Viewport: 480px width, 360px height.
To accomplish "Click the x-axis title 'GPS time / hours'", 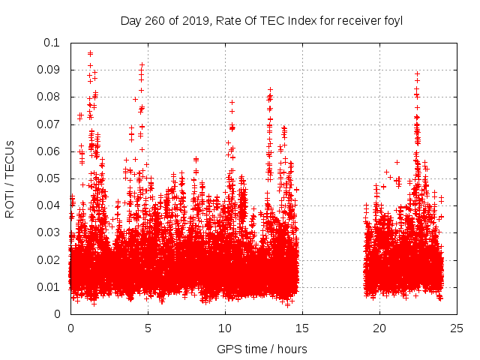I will tap(262, 349).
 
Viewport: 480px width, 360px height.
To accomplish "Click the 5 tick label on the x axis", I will tap(148, 328).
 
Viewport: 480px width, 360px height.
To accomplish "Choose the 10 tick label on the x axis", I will tap(225, 328).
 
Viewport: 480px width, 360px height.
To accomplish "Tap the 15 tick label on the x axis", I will tap(302, 328).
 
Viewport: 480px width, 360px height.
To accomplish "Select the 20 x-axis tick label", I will tap(379, 328).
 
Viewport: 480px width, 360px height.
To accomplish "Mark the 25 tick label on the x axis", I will tap(457, 328).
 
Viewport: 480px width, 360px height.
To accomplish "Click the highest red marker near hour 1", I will tap(90, 53).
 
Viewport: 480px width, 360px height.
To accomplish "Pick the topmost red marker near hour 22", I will tap(417, 73).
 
